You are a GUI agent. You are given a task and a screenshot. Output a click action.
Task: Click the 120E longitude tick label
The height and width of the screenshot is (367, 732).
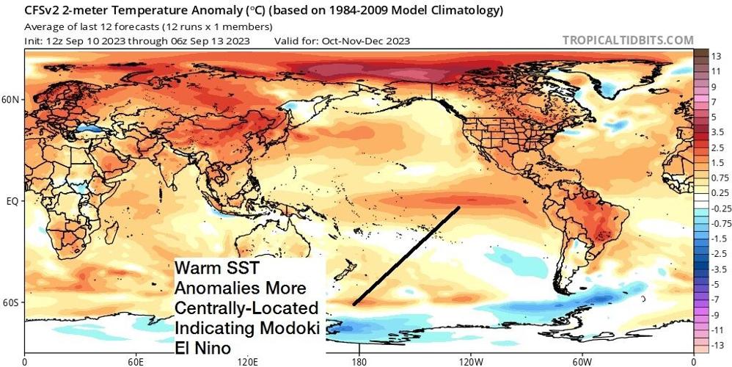(247, 360)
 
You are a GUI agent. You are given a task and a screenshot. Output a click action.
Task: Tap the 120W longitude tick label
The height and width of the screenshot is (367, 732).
(470, 360)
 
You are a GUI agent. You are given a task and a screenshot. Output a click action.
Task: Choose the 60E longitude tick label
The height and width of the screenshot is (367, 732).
(136, 360)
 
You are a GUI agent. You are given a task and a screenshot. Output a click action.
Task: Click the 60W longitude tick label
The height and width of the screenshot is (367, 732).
(582, 360)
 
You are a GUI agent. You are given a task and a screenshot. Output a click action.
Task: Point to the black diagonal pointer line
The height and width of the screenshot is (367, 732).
(406, 256)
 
